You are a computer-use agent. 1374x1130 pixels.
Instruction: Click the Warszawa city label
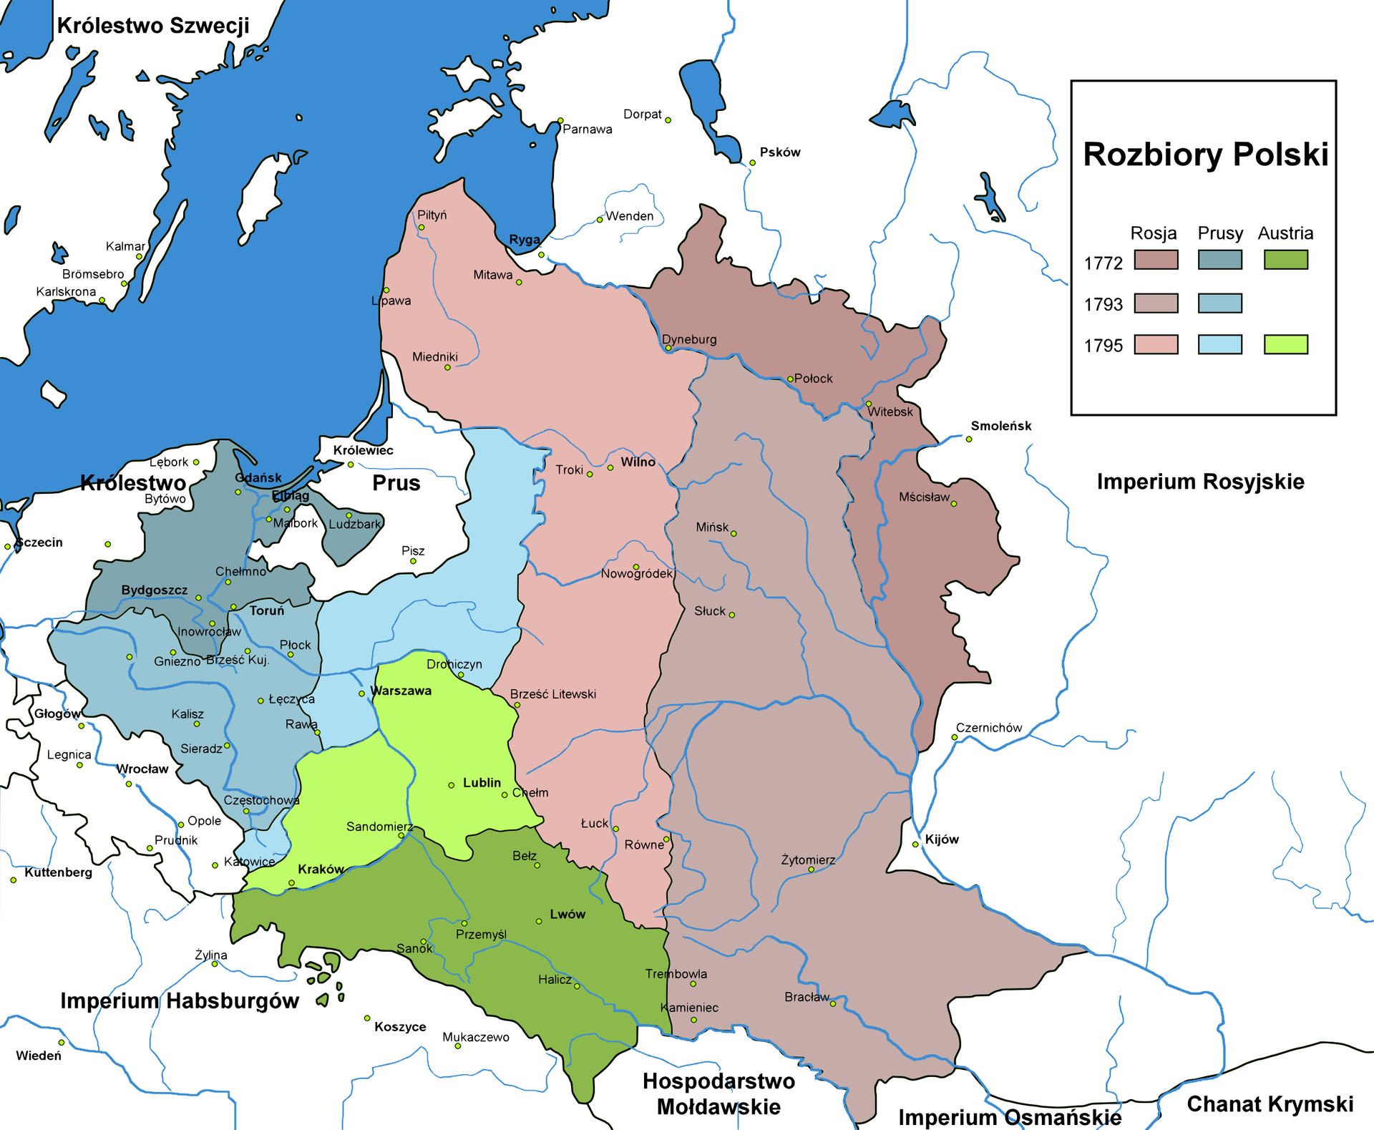[x=401, y=691]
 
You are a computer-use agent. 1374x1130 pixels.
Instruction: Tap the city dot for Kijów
[x=915, y=844]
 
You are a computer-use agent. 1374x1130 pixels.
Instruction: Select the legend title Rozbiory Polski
[x=1205, y=155]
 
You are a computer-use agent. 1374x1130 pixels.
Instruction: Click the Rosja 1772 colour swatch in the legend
[x=1156, y=260]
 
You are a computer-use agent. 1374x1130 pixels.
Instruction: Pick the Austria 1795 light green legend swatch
[x=1285, y=344]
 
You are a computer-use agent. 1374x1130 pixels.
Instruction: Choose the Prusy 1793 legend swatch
[x=1219, y=303]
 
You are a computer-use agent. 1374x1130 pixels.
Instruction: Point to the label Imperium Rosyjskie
[x=1200, y=482]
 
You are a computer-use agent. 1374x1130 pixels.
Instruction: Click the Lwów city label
[x=567, y=914]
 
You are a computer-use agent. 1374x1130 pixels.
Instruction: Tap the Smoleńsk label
[x=1000, y=426]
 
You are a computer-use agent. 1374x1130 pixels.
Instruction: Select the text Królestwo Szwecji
[x=153, y=26]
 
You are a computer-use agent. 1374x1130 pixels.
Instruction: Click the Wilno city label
[x=638, y=462]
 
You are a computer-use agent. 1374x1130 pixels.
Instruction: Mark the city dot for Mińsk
[x=734, y=533]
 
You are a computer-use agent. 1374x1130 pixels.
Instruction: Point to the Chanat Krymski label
[x=1270, y=1104]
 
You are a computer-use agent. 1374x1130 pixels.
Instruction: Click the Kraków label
[x=321, y=869]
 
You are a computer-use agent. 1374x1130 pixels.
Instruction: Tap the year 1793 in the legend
[x=1103, y=305]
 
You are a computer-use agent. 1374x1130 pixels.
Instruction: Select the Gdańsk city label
[x=258, y=477]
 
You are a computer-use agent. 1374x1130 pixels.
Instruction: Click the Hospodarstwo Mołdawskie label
[x=718, y=1094]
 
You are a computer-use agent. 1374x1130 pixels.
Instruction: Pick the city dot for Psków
[x=752, y=163]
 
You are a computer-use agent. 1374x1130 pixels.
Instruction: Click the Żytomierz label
[x=808, y=859]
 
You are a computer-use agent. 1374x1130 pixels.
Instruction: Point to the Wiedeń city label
[x=39, y=1056]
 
